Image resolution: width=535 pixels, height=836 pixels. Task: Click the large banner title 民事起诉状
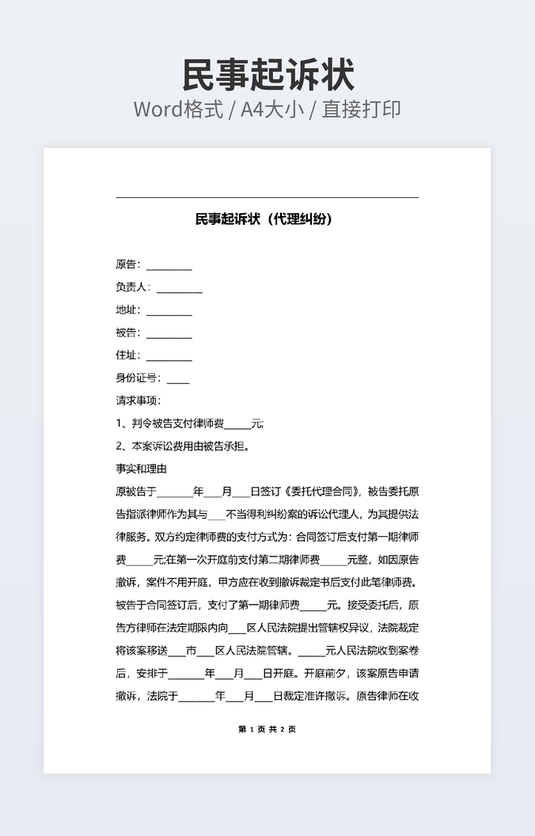click(x=267, y=75)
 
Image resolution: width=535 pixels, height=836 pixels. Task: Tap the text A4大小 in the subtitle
click(x=272, y=109)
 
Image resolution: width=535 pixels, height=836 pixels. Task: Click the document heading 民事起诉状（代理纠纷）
click(x=264, y=219)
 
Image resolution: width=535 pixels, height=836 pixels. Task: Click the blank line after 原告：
click(x=169, y=265)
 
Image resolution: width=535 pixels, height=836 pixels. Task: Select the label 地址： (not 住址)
click(x=127, y=310)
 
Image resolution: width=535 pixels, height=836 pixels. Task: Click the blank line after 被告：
click(x=169, y=333)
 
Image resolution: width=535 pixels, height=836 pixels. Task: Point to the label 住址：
click(x=127, y=355)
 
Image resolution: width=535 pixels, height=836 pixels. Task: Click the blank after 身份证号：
click(x=178, y=378)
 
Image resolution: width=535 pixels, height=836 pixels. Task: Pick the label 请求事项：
click(x=138, y=401)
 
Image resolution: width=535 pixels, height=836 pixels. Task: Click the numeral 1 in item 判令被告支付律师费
click(x=120, y=424)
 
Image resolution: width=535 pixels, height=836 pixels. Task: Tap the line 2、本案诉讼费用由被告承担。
click(x=183, y=446)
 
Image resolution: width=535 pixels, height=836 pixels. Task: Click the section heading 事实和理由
click(x=141, y=469)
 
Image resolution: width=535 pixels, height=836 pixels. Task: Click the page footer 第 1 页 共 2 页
click(x=267, y=729)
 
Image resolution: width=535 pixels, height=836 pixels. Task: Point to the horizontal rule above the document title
click(x=267, y=197)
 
